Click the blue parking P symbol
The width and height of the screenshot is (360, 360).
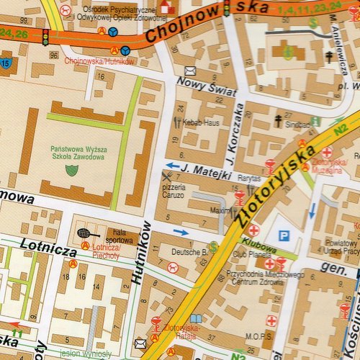click(x=284, y=235)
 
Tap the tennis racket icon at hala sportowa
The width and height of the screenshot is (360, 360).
click(x=84, y=233)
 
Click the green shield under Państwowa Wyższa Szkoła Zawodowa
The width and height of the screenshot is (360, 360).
click(x=71, y=170)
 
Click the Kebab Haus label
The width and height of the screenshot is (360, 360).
click(x=201, y=122)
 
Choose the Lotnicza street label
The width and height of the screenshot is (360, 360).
click(x=48, y=252)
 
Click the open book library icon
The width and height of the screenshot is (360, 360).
click(x=197, y=319)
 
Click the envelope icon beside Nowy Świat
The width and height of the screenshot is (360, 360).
click(x=190, y=71)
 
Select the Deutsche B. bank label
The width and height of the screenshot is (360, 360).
click(x=189, y=252)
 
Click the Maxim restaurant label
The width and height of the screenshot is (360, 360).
click(x=220, y=211)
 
